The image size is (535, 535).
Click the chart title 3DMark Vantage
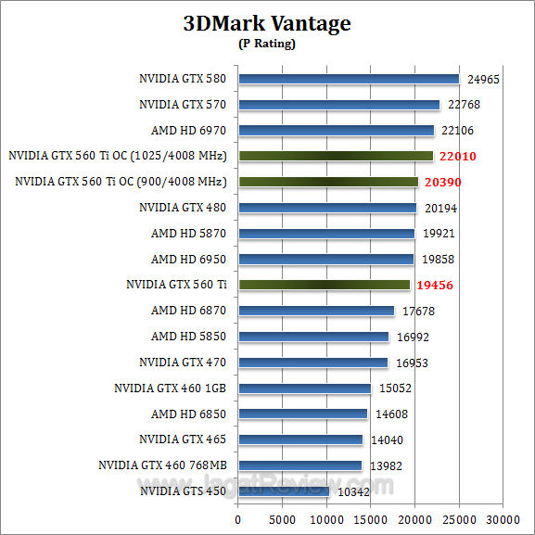pos(267,23)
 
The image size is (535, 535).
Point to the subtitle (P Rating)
pos(267,43)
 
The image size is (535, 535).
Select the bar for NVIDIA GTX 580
pos(349,79)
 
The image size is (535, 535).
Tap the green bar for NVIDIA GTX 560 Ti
pos(324,285)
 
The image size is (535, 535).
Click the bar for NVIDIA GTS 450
pos(284,490)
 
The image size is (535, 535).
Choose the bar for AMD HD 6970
pos(336,131)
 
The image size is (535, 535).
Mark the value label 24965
pos(483,80)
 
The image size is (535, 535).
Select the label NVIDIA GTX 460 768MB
pos(164,465)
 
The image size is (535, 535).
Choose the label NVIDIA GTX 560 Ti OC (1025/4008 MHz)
pos(118,156)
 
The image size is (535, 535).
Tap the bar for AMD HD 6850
pos(303,414)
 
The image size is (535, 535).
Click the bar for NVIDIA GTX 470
pos(313,362)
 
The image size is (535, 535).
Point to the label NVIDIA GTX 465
pos(183,439)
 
